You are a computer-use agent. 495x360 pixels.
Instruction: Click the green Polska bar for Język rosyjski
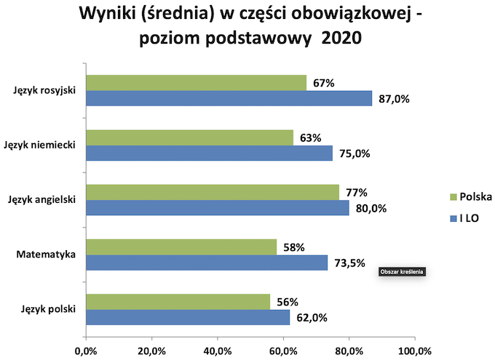pos(196,82)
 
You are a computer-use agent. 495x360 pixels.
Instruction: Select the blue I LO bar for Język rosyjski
pos(229,98)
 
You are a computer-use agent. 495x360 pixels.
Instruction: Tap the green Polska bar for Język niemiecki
pos(189,137)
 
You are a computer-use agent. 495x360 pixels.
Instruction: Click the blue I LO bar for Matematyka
pos(207,263)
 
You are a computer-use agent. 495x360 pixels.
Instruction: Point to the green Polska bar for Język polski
pos(178,302)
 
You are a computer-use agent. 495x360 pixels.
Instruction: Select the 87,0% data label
pos(395,99)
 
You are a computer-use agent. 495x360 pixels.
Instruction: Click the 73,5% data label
pos(349,263)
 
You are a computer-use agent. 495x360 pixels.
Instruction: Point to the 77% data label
pos(357,193)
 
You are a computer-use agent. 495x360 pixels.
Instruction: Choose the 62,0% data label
pos(311,318)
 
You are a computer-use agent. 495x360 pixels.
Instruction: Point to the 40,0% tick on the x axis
pos(217,351)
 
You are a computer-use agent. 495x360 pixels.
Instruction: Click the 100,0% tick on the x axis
pos(414,351)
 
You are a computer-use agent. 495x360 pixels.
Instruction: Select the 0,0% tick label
pos(86,351)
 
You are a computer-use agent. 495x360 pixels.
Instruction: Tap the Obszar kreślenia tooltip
pos(401,272)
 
